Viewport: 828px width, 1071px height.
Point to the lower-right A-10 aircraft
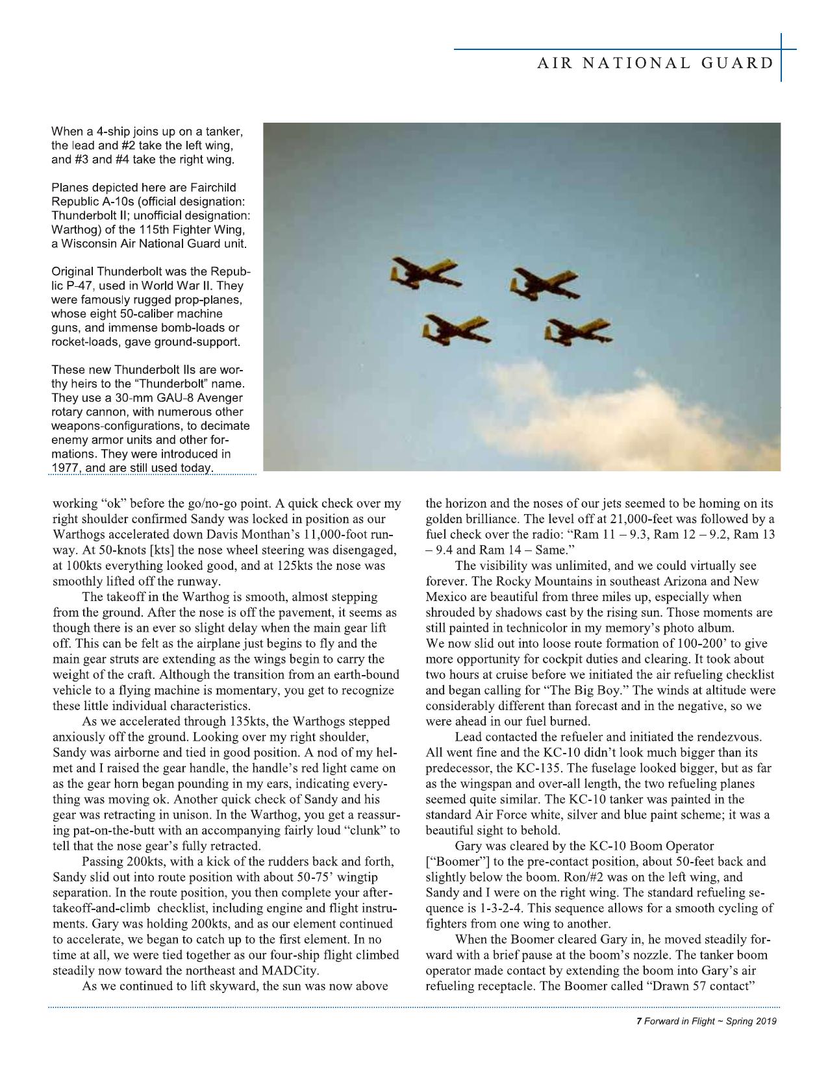point(577,332)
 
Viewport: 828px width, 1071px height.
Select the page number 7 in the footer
point(639,1021)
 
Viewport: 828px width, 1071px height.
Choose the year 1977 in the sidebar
point(64,469)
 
